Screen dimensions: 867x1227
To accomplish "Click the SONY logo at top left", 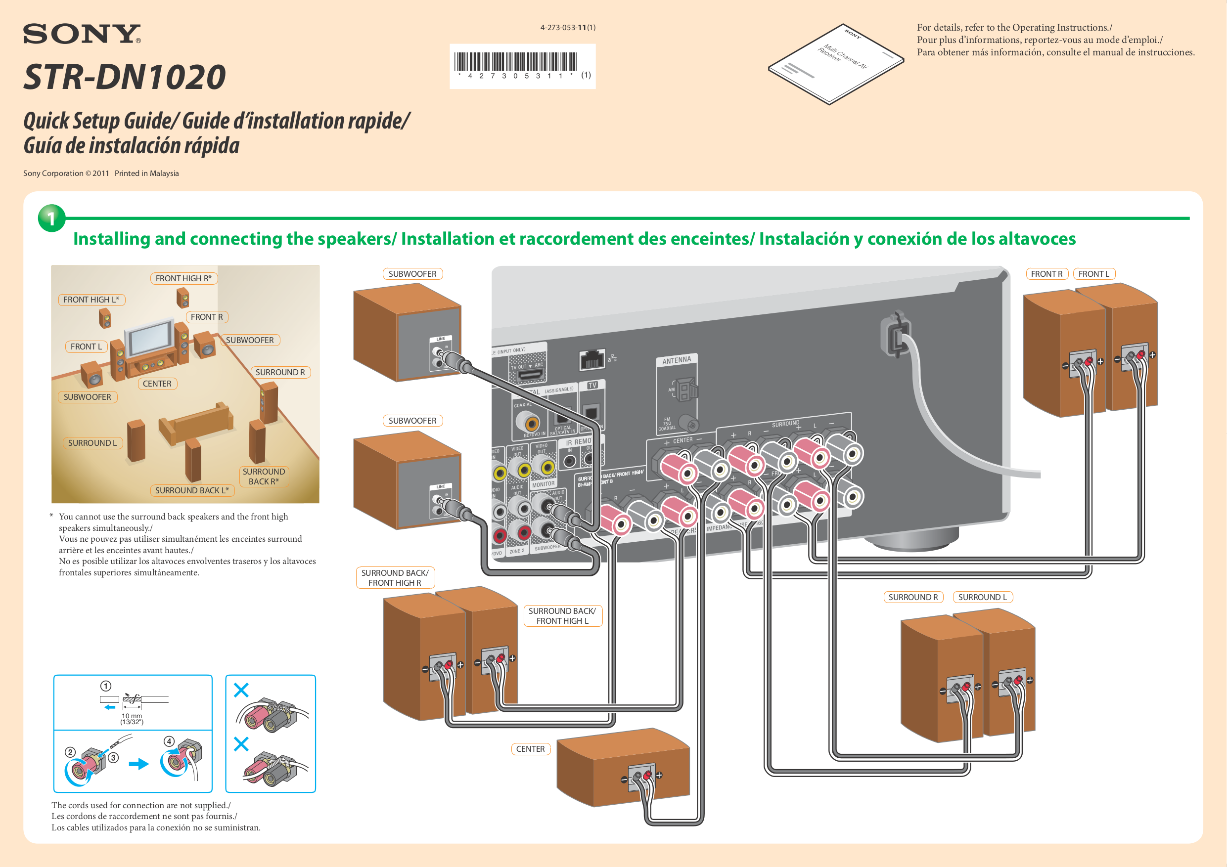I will click(81, 34).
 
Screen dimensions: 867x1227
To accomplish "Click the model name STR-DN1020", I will click(124, 77).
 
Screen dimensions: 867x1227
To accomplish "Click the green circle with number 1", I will click(51, 218).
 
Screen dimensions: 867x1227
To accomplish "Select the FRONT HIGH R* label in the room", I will click(183, 278).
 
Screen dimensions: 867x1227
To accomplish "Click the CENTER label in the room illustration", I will click(157, 384).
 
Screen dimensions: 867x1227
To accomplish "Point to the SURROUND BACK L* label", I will click(191, 490).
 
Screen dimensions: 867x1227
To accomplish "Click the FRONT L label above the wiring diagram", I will click(1093, 274).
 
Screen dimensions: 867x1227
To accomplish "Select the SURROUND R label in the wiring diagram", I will click(913, 597).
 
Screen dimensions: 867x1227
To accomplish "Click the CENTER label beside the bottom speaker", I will click(530, 749).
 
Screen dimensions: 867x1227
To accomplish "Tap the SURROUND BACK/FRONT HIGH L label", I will click(562, 616).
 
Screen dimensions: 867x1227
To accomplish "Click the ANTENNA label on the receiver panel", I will click(677, 360).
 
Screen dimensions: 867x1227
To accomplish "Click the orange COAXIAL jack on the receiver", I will click(531, 424).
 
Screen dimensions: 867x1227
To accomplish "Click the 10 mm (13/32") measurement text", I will click(132, 719).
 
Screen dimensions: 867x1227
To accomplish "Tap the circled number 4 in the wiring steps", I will click(169, 741).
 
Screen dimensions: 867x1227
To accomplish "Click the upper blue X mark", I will click(241, 690).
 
